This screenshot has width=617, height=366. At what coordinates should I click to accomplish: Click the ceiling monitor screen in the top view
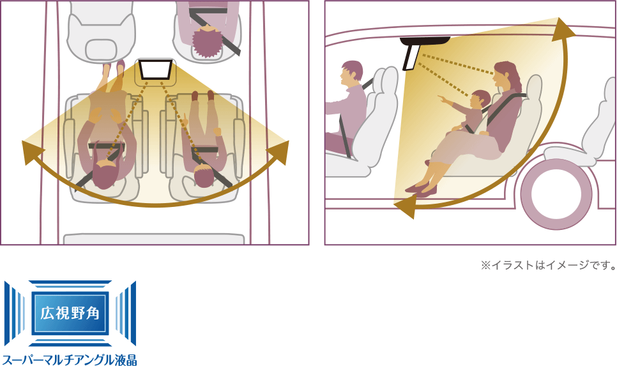[x=155, y=69]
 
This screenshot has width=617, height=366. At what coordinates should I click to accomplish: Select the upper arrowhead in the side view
[x=563, y=29]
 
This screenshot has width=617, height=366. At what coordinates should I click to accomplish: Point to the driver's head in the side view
[x=351, y=73]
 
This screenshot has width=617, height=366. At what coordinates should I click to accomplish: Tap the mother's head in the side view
[x=506, y=75]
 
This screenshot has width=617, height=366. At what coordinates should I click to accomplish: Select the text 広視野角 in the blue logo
[x=70, y=313]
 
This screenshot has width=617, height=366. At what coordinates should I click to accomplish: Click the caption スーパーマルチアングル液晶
[x=69, y=360]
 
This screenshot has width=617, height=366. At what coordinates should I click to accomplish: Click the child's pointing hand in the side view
[x=443, y=98]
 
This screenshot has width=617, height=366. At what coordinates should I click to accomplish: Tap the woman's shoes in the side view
[x=420, y=190]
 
